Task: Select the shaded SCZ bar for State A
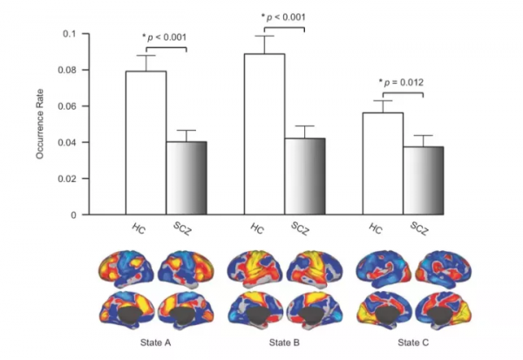pyautogui.click(x=187, y=178)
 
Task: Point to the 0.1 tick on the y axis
pyautogui.click(x=72, y=34)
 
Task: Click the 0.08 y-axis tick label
pyautogui.click(x=68, y=70)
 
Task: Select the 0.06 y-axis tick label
pyautogui.click(x=68, y=106)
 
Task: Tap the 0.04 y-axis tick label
pyautogui.click(x=68, y=142)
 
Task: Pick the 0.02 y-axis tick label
pyautogui.click(x=68, y=179)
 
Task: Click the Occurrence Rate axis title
pyautogui.click(x=40, y=124)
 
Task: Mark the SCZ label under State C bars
pyautogui.click(x=420, y=229)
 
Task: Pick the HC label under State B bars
pyautogui.click(x=256, y=229)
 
